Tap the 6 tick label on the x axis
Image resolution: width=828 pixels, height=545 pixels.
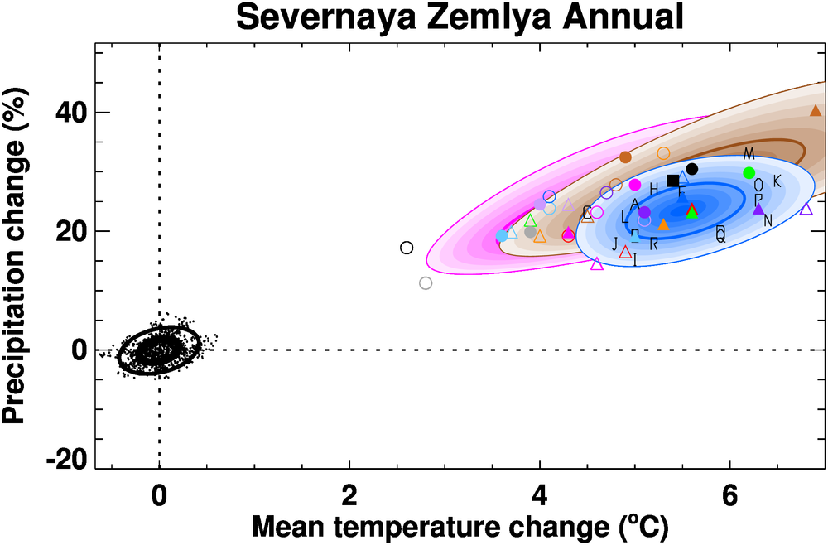[x=729, y=499]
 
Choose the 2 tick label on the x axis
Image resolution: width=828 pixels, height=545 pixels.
[x=349, y=499]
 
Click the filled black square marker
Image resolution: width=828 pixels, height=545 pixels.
[x=672, y=181]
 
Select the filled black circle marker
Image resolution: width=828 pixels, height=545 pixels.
[x=692, y=169]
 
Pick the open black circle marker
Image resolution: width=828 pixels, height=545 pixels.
[x=407, y=248]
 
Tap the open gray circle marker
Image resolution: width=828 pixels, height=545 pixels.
[x=426, y=283]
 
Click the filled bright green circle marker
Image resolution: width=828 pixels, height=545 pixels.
[x=749, y=172]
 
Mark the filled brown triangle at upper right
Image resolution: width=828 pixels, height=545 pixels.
[x=816, y=110]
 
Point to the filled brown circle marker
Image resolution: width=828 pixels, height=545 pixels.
[x=625, y=157]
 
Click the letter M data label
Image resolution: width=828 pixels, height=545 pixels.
[x=749, y=154]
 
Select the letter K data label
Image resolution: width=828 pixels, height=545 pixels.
[x=777, y=181]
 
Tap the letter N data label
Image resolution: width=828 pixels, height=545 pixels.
[x=768, y=220]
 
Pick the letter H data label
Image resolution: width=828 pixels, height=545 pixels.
[x=654, y=190]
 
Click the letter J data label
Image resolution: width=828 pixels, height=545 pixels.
[x=615, y=243]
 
